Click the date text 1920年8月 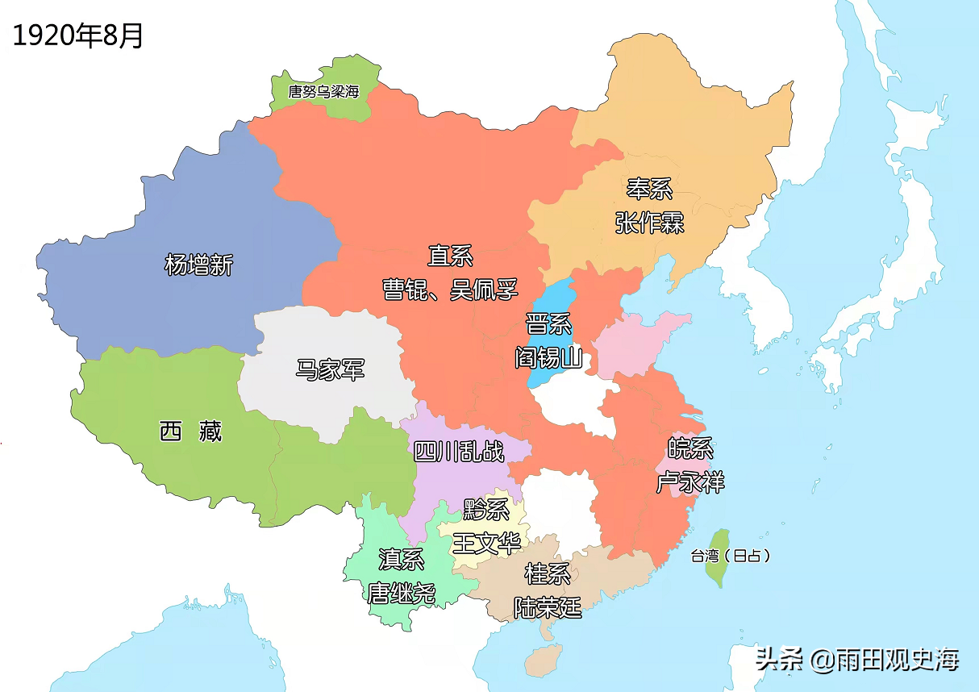point(78,35)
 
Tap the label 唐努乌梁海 point(323,91)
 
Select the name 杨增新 point(198,264)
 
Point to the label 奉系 point(649,189)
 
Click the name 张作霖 point(649,222)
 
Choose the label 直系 point(449,256)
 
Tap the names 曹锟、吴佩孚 point(450,290)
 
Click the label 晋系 point(548,324)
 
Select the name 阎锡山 point(548,357)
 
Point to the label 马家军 point(330,370)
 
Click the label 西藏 point(190,431)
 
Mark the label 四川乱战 point(459,451)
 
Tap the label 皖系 point(689,448)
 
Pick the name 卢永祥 point(689,482)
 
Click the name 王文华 point(486,542)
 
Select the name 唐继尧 point(402,593)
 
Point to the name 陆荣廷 point(548,607)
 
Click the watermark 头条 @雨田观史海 point(857,660)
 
